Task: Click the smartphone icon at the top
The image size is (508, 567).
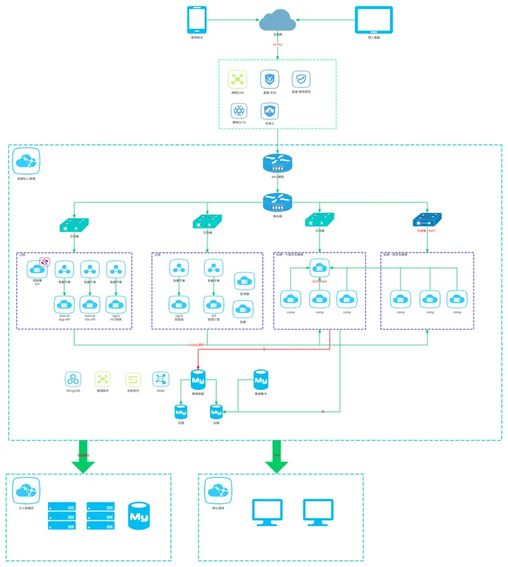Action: (x=198, y=20)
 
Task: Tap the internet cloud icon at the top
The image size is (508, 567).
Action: (x=277, y=21)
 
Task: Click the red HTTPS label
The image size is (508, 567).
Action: (x=277, y=45)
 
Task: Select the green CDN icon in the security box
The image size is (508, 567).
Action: (x=238, y=79)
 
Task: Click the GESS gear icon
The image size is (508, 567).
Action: (x=239, y=111)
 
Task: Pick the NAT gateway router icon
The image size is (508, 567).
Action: (x=277, y=163)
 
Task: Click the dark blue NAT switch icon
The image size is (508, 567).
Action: (x=427, y=220)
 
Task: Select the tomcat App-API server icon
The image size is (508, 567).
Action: (x=65, y=303)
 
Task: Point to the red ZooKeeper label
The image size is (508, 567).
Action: (x=319, y=280)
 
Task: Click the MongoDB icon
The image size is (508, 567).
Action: (x=73, y=379)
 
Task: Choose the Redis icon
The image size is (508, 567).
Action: (x=161, y=379)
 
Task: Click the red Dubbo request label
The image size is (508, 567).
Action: (x=196, y=345)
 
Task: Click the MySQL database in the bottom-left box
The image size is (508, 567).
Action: (x=139, y=516)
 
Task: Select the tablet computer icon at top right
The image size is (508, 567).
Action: (x=373, y=20)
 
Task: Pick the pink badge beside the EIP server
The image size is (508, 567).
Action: (x=45, y=262)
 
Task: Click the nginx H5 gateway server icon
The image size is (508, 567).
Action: (x=115, y=303)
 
